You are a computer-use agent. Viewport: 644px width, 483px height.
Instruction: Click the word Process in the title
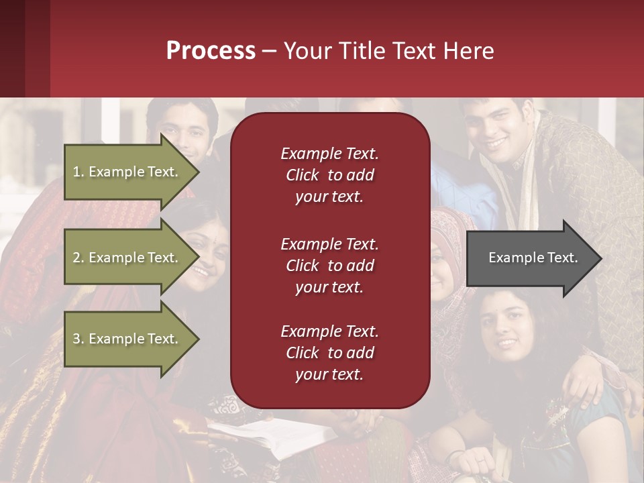(x=211, y=50)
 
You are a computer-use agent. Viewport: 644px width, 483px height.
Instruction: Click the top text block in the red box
(x=329, y=175)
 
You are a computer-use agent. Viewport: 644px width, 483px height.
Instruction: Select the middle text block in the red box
(x=329, y=266)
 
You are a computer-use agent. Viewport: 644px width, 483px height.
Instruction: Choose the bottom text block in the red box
(x=329, y=353)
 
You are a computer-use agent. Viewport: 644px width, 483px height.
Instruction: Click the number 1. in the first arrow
(x=78, y=172)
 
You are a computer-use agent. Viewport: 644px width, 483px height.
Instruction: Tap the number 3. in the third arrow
(x=78, y=339)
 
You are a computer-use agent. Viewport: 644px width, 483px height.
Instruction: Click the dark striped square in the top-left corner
(x=24, y=48)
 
